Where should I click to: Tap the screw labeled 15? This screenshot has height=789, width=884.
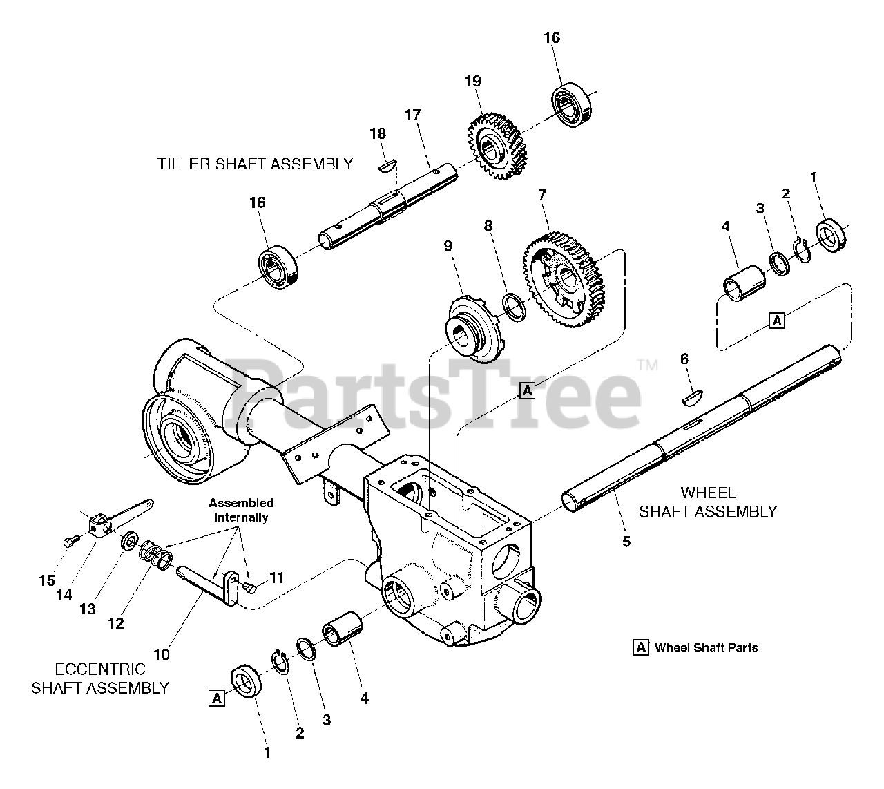pos(68,542)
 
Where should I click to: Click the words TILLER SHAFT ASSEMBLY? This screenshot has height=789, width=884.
pos(255,164)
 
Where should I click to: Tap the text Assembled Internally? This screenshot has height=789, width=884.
pos(241,510)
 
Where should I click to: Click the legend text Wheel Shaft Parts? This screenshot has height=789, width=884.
pos(706,648)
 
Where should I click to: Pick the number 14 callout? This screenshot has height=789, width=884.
pos(64,593)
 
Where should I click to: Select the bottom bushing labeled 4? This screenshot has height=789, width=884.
pos(343,629)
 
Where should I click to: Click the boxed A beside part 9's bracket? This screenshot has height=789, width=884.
pos(527,390)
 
